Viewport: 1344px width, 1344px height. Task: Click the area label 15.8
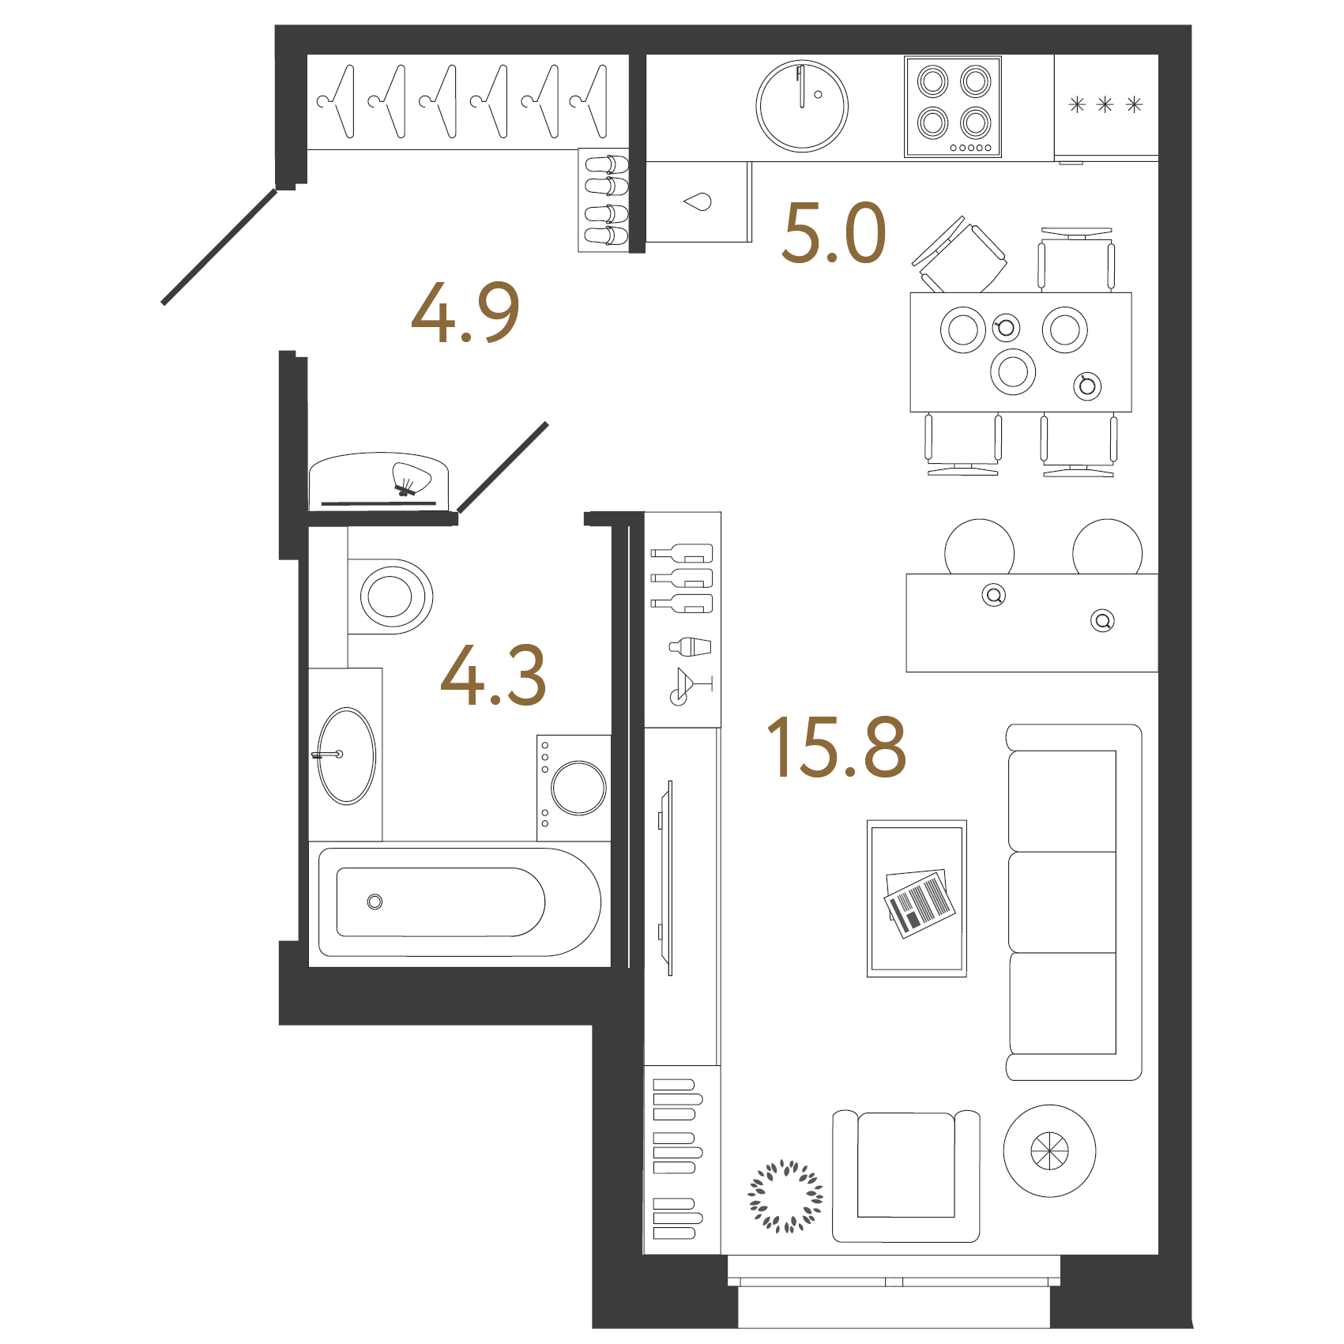[836, 747]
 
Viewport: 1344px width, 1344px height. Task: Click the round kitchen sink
[802, 106]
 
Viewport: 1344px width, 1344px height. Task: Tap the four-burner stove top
[953, 107]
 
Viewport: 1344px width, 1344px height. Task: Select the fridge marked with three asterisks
[1106, 106]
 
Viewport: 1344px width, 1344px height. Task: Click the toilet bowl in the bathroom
[390, 597]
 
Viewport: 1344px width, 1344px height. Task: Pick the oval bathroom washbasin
[346, 756]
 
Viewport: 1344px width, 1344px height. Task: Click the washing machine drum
[579, 788]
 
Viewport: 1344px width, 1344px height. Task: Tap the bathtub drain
[375, 902]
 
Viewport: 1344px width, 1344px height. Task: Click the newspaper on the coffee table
[918, 904]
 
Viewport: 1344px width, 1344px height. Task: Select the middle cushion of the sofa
[1063, 902]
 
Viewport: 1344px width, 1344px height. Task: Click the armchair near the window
[906, 1176]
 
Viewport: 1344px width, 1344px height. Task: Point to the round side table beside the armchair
[1049, 1150]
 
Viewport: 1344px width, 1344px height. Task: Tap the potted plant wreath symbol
[785, 1196]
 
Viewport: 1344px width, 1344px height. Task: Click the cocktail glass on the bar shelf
[691, 686]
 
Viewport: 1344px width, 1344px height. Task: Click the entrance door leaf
[220, 247]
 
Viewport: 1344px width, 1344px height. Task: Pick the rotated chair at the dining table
[959, 255]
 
